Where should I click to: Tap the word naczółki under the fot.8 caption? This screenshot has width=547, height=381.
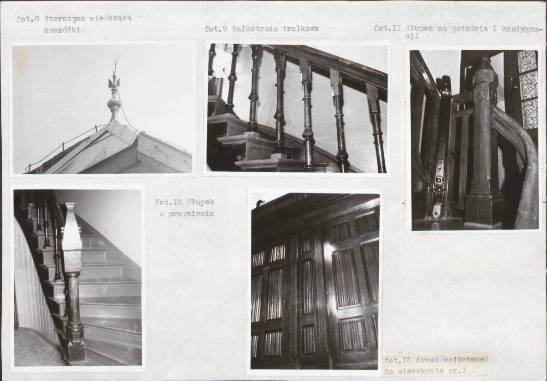(62, 30)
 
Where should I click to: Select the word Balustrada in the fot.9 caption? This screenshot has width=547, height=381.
(255, 29)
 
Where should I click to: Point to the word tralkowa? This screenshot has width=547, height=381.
(300, 29)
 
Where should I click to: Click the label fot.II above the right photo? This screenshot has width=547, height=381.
(387, 28)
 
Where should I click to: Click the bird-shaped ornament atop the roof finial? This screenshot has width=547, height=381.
(114, 82)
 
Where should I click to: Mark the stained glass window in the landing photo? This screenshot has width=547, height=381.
(527, 89)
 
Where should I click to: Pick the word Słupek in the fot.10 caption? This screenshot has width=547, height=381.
(200, 202)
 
